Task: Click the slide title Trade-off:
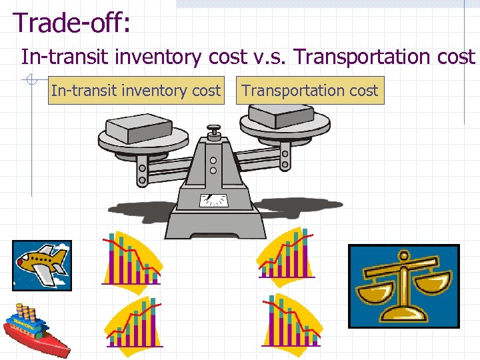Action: tap(73, 22)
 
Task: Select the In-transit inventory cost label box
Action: tap(135, 91)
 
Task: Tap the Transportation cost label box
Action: tap(310, 91)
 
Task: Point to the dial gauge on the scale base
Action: tap(213, 199)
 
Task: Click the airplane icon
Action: tap(42, 265)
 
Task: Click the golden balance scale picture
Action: tap(403, 286)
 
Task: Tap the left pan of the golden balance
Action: tap(374, 292)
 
